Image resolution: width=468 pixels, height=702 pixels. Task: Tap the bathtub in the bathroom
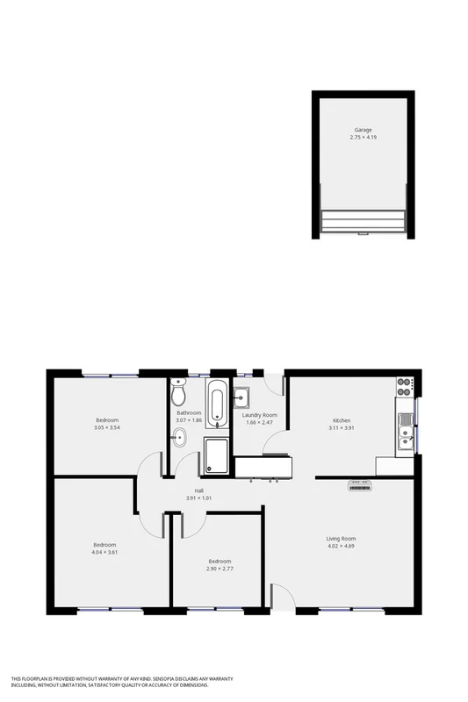217,405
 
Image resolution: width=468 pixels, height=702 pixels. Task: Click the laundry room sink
243,399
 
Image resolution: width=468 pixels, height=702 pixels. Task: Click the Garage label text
363,130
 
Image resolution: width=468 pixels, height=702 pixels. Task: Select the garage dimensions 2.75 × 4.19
363,138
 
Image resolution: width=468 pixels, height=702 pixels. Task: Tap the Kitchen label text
342,420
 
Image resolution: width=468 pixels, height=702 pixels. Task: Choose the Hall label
199,491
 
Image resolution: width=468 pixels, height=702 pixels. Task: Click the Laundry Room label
260,414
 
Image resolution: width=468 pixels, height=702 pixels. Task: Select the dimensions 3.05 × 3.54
107,427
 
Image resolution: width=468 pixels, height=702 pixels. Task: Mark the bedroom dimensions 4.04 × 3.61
104,552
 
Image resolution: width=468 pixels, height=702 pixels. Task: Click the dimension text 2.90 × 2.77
220,569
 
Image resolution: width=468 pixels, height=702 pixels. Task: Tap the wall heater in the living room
361,485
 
